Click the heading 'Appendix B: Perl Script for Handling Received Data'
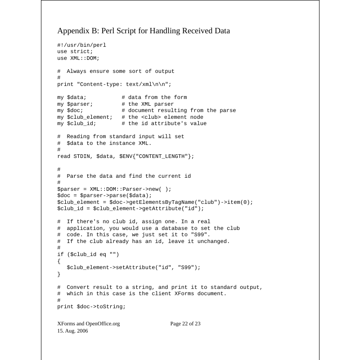144,31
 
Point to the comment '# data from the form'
154,97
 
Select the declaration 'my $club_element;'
85,117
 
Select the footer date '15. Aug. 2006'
73,331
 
